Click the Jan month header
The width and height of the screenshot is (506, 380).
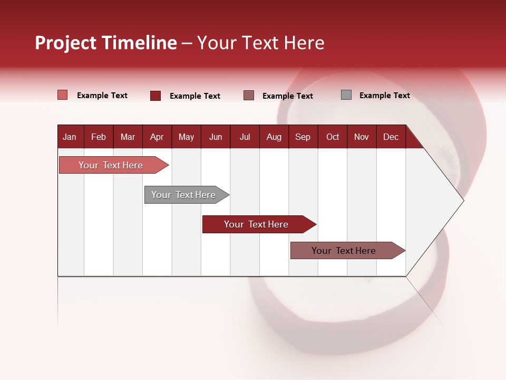click(x=70, y=137)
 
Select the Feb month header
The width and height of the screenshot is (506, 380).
click(x=99, y=137)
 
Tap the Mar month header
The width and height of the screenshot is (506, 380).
click(x=128, y=137)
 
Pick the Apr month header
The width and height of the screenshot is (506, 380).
click(x=157, y=137)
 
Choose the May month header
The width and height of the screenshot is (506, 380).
click(x=186, y=137)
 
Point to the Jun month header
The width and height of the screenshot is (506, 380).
click(x=216, y=137)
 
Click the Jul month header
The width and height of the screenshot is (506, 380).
click(x=245, y=137)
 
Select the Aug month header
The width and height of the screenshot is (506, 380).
click(x=274, y=137)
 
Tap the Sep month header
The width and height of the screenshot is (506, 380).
click(x=303, y=137)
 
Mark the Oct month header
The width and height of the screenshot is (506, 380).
click(x=333, y=137)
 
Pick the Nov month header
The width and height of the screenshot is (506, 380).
click(x=362, y=137)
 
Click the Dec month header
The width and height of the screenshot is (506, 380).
click(x=391, y=137)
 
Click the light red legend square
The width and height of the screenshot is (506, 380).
click(x=63, y=95)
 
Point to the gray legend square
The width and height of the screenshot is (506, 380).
click(x=346, y=95)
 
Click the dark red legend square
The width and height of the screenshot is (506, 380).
click(x=155, y=96)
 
